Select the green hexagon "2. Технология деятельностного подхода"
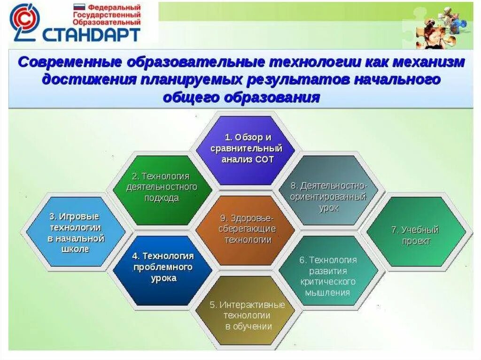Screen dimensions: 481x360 click(162, 190)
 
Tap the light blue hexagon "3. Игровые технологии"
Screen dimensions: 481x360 click(76, 231)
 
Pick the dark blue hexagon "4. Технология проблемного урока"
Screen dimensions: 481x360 click(163, 270)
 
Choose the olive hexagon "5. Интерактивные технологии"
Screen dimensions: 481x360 click(247, 311)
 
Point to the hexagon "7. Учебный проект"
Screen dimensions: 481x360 click(416, 231)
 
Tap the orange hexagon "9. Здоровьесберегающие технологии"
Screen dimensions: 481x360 click(247, 230)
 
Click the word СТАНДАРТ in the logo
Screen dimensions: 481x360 click(91, 34)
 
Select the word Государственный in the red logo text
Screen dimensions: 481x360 click(107, 15)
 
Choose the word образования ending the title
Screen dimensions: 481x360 click(272, 98)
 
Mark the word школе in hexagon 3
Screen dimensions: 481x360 click(76, 249)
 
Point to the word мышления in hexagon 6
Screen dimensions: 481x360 click(327, 292)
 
